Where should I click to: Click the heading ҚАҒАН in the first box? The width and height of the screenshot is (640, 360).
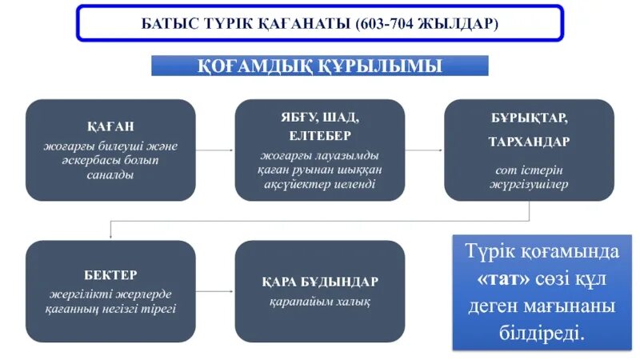(x=110, y=126)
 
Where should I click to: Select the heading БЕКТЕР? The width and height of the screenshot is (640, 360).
(x=110, y=274)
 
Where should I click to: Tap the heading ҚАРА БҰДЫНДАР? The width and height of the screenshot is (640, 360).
(x=319, y=282)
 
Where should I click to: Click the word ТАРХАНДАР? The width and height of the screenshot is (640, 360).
(x=529, y=141)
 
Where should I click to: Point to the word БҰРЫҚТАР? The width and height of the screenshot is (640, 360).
(x=529, y=118)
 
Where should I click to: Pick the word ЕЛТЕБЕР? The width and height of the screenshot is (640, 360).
(x=320, y=135)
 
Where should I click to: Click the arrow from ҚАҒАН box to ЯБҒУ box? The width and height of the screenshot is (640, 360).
(x=214, y=150)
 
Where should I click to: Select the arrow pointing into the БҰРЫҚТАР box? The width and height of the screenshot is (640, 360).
(x=424, y=150)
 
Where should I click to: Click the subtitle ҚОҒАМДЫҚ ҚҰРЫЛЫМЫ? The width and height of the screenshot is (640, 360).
(x=319, y=66)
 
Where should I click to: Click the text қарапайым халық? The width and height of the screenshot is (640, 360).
(x=319, y=302)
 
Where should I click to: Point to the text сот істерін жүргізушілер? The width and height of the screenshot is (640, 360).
(x=529, y=177)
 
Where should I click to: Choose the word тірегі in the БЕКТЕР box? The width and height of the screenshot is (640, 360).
(x=159, y=308)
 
